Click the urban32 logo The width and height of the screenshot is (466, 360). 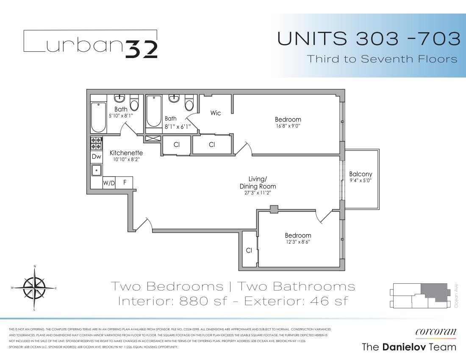[x=91, y=44]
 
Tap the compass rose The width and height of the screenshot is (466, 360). [x=34, y=288]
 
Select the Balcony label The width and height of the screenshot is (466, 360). [x=361, y=174]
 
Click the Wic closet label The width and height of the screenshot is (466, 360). [x=216, y=113]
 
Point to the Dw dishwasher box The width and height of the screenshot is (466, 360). [x=96, y=157]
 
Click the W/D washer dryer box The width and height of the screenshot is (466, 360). [x=109, y=183]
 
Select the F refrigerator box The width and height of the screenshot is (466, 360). [x=125, y=183]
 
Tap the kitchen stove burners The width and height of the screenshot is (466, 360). [x=96, y=143]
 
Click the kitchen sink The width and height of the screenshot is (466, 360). [x=96, y=170]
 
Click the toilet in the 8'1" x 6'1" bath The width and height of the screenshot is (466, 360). [x=189, y=104]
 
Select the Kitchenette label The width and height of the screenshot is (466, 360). [x=126, y=153]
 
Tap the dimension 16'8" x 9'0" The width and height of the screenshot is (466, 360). [x=288, y=125]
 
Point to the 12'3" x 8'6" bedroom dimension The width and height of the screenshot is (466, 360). [x=298, y=242]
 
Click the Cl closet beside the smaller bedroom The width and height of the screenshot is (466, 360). [x=249, y=250]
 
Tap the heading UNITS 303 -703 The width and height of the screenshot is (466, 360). [x=369, y=39]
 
